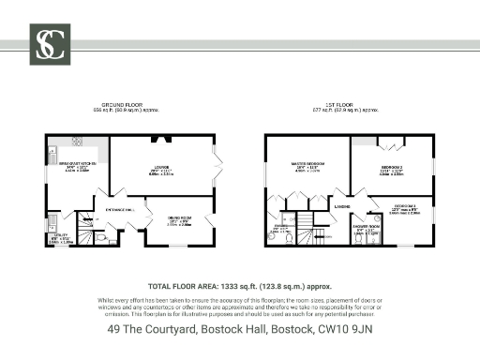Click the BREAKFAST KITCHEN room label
pyautogui.click(x=78, y=164)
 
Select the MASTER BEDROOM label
pyautogui.click(x=307, y=164)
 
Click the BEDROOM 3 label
pyautogui.click(x=405, y=206)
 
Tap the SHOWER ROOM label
pyautogui.click(x=367, y=226)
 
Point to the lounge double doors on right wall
pyautogui.click(x=218, y=167)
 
